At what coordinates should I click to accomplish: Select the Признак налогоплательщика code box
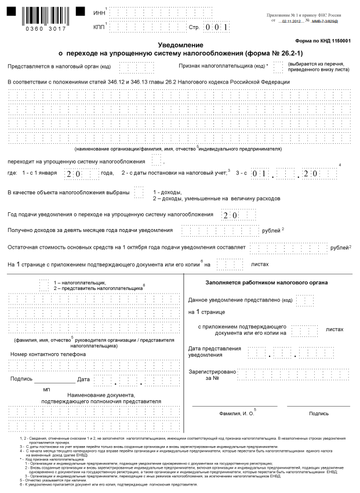click(278, 66)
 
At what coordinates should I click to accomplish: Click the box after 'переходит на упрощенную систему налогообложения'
click(157, 160)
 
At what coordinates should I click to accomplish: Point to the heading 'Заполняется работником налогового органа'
click(266, 282)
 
